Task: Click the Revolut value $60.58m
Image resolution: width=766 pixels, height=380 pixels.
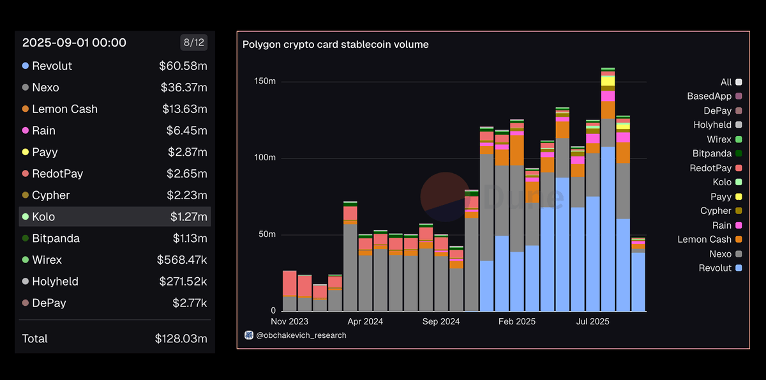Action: [x=183, y=66]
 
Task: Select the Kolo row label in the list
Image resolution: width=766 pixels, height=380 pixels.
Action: [x=43, y=217]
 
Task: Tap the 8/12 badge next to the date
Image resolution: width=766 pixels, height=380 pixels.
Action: [x=193, y=43]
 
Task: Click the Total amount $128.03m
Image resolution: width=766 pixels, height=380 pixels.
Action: [x=181, y=338]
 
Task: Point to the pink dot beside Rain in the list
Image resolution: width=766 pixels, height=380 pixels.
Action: [x=25, y=130]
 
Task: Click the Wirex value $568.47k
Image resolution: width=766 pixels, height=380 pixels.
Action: [x=182, y=260]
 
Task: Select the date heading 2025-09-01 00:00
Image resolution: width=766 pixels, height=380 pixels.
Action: [x=74, y=43]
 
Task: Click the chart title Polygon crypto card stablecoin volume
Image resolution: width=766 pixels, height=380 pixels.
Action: [x=335, y=45]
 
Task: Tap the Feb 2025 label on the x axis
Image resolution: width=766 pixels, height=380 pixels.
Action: [x=517, y=321]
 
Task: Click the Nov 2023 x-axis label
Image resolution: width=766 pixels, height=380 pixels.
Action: [x=290, y=321]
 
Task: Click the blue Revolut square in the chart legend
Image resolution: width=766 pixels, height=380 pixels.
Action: [x=739, y=268]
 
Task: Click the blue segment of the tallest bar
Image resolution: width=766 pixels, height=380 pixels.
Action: [x=608, y=230]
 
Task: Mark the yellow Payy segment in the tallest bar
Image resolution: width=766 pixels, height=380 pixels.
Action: [x=608, y=80]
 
